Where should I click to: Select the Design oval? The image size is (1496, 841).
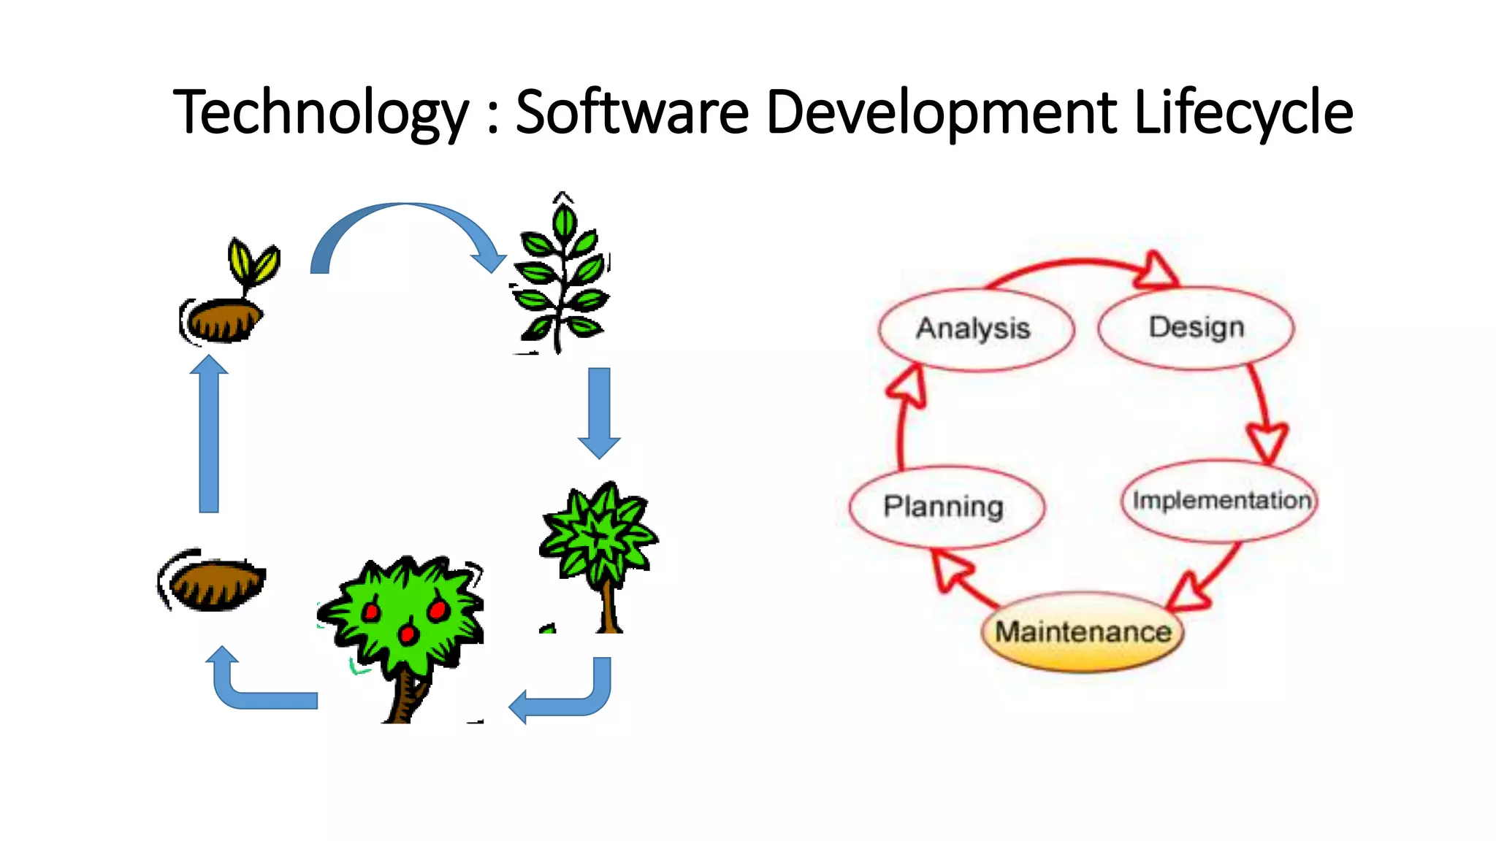point(1196,328)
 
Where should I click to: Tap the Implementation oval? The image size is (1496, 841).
point(1220,501)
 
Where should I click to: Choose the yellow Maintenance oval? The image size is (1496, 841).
point(1083,632)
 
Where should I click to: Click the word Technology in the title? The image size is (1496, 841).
point(320,112)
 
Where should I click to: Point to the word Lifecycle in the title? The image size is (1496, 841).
point(1243,112)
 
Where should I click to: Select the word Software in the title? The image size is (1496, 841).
point(633,112)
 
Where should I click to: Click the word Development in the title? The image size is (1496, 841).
point(942,112)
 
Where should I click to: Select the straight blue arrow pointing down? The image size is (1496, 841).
point(599,412)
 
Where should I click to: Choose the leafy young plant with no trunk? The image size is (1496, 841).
point(561,277)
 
